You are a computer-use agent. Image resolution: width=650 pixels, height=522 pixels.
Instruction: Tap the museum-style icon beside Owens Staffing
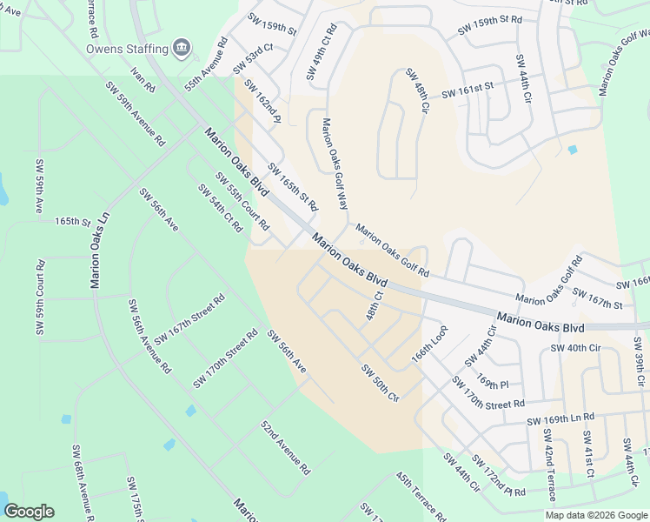[181, 47]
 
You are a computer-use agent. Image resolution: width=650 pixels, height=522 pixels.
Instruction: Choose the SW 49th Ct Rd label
[321, 54]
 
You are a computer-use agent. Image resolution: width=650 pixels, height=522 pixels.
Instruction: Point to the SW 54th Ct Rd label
[219, 208]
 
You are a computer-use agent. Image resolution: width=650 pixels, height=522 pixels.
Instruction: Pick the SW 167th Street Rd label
[189, 319]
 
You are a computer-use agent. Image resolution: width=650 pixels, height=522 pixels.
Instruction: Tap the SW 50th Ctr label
[380, 383]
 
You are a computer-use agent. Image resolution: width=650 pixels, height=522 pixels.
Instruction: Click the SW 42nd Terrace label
[548, 465]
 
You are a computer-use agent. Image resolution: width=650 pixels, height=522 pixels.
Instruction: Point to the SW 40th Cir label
[575, 348]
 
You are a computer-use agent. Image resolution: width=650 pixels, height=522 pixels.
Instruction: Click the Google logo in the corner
[29, 512]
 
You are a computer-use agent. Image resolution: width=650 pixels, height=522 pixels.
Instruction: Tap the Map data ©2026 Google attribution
[596, 515]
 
